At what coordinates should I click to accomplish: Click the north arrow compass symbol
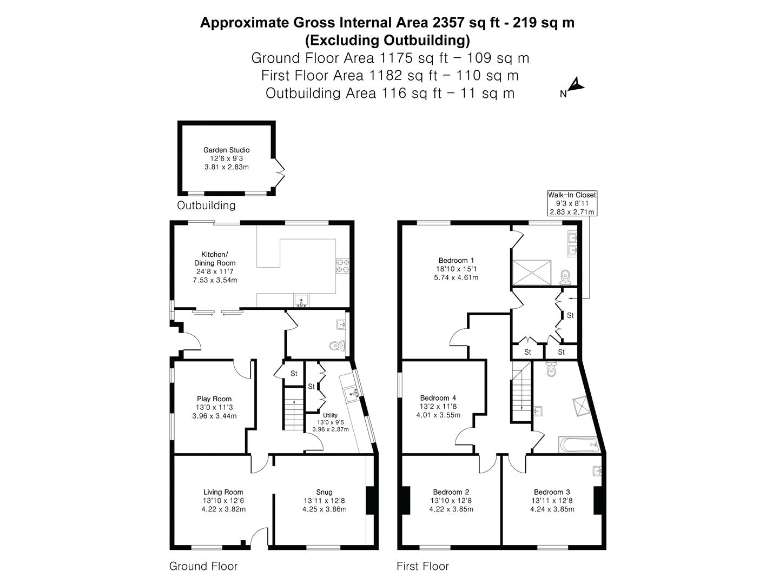(x=577, y=85)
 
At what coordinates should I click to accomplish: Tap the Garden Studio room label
(x=226, y=150)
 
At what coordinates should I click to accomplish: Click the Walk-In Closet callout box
(x=572, y=203)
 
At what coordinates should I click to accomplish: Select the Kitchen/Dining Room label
(x=215, y=258)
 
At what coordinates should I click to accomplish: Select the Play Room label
(x=214, y=399)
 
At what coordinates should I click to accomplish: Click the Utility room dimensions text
(x=330, y=426)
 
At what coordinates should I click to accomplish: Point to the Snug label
(x=325, y=492)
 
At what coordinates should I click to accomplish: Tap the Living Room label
(x=223, y=492)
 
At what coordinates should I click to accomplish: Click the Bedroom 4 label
(x=438, y=398)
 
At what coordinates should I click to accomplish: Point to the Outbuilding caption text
(x=206, y=205)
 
